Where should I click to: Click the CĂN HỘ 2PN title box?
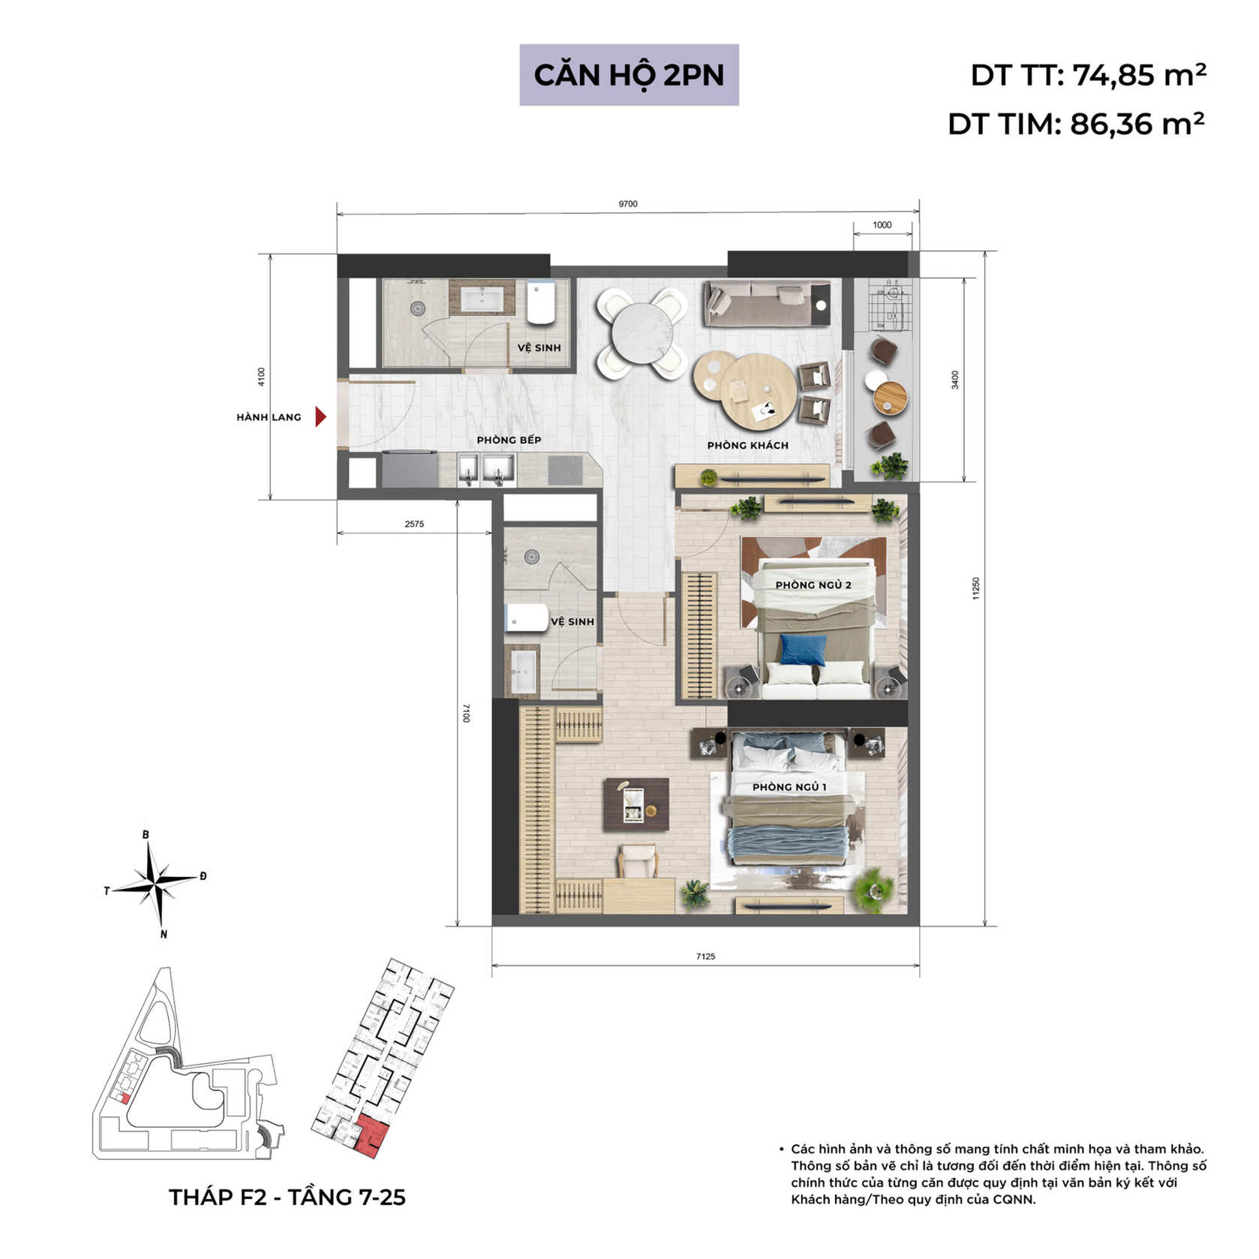click(x=629, y=75)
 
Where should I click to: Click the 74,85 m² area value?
click(x=1138, y=75)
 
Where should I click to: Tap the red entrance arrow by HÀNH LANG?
click(x=320, y=416)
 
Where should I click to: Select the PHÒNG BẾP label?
click(x=509, y=440)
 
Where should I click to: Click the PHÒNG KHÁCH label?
click(x=747, y=446)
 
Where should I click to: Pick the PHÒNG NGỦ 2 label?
click(x=813, y=585)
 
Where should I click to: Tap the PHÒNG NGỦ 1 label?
click(x=789, y=787)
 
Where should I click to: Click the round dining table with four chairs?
click(x=642, y=332)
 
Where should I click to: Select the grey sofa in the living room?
click(x=765, y=304)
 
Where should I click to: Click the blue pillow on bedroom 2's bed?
click(x=802, y=650)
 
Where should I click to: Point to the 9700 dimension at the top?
click(x=628, y=204)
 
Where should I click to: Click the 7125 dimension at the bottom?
click(x=705, y=957)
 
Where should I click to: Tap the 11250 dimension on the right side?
click(x=975, y=588)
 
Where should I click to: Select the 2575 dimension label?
click(x=414, y=524)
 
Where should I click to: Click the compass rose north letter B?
click(x=146, y=834)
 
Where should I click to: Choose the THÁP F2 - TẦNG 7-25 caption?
click(x=287, y=1197)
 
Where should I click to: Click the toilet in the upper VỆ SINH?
click(x=541, y=302)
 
